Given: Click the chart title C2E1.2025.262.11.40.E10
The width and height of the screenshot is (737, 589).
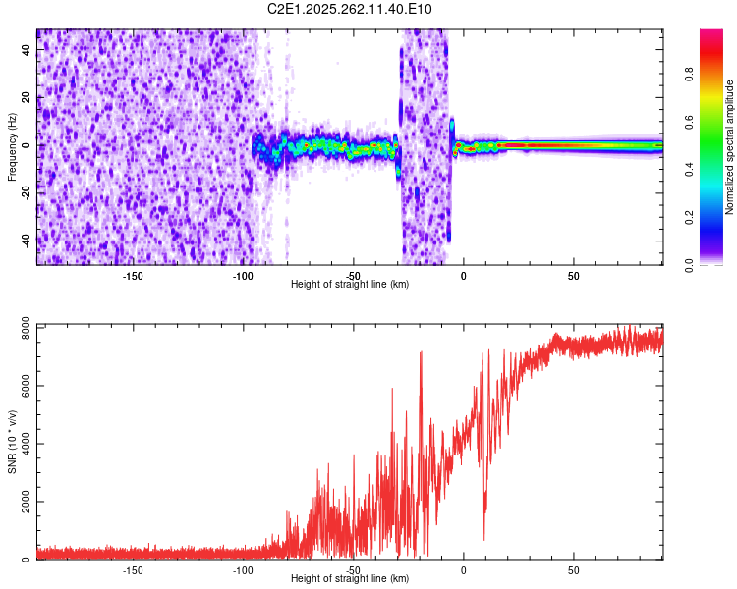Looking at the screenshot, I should tap(350, 9).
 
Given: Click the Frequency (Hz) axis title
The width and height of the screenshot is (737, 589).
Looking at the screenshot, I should tap(12, 146).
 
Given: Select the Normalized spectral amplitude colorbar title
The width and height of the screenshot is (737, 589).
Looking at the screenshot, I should tap(730, 147).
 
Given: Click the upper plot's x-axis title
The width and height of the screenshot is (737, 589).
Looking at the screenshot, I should tap(350, 284).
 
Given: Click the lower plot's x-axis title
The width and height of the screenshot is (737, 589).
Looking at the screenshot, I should tap(350, 578).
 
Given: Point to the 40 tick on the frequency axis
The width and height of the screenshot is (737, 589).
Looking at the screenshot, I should tap(27, 52).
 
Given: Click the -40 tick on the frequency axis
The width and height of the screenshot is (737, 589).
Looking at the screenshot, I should tap(27, 240).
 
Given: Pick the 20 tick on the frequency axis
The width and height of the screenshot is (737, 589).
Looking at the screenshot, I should tap(27, 99).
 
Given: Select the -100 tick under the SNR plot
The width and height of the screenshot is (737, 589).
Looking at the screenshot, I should tap(243, 569).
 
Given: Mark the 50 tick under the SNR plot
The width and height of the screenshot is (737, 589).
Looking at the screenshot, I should tap(573, 569).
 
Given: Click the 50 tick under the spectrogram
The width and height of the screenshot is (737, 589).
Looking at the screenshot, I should tap(573, 275).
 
